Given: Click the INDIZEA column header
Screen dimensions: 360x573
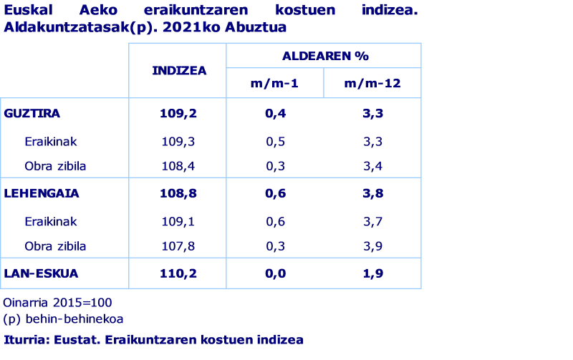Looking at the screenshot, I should (x=178, y=70).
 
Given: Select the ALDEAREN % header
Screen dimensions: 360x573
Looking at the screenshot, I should (x=324, y=56).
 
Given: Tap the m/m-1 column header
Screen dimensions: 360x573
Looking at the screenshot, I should (x=275, y=84).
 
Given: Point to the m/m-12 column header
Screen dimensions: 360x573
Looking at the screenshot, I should (x=372, y=84).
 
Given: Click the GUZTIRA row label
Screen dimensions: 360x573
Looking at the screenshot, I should (x=32, y=113).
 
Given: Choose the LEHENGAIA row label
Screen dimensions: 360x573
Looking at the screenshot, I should (x=41, y=193).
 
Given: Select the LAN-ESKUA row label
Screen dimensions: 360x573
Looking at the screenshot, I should (x=41, y=273).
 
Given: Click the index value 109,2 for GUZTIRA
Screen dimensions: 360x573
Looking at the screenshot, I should (x=178, y=113).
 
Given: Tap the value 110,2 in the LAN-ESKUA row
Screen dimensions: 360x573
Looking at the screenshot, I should (x=178, y=273).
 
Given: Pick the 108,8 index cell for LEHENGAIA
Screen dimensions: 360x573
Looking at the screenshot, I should (x=178, y=193).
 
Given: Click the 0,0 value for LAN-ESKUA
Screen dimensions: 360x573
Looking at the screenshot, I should (x=275, y=273).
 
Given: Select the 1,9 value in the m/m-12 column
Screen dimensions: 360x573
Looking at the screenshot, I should (x=372, y=273).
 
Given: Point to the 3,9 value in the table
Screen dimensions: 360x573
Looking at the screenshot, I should (x=372, y=246).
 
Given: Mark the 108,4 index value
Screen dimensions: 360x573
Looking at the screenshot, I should (x=178, y=166).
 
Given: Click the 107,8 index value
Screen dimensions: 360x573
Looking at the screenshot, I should (x=178, y=246).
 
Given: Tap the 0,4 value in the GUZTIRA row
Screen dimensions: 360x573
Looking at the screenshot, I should (x=275, y=113).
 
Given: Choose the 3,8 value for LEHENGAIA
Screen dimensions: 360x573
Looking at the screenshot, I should (x=372, y=193).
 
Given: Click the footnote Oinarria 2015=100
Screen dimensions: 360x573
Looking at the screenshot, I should (x=57, y=303).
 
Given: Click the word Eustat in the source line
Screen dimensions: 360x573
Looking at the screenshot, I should (x=74, y=340).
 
